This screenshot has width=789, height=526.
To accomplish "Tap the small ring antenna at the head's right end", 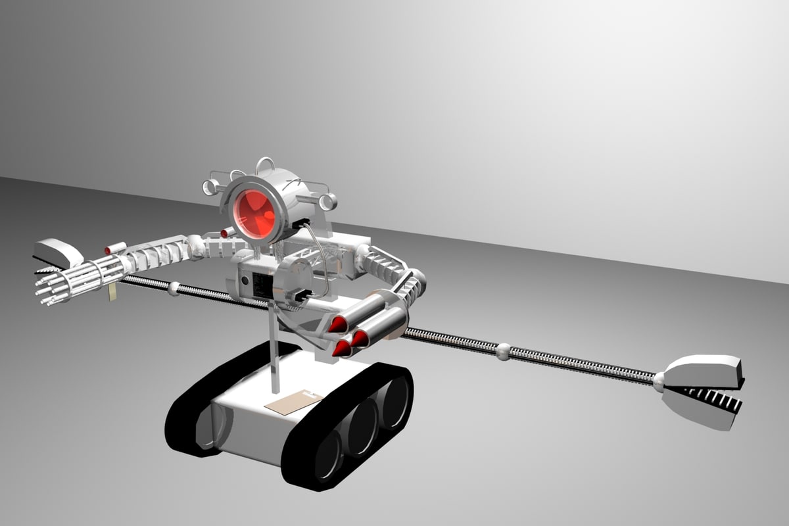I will click(x=328, y=201).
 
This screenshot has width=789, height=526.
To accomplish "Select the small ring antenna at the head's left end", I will click(x=209, y=186).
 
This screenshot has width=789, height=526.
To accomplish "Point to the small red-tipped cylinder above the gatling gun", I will click(x=114, y=249).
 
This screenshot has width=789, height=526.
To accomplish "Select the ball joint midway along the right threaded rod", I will click(x=503, y=351).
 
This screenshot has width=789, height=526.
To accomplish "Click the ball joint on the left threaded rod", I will click(x=174, y=288).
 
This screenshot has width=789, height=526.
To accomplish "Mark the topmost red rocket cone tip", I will click(x=338, y=323).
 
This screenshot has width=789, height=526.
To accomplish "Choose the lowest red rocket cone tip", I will click(x=341, y=349).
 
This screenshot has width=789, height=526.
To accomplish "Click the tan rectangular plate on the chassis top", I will click(x=293, y=402).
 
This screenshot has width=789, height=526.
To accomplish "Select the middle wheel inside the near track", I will click(x=362, y=430).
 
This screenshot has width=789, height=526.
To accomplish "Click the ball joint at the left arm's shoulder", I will click(x=196, y=246).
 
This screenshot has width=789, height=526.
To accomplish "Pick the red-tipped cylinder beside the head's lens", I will click(x=226, y=233).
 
